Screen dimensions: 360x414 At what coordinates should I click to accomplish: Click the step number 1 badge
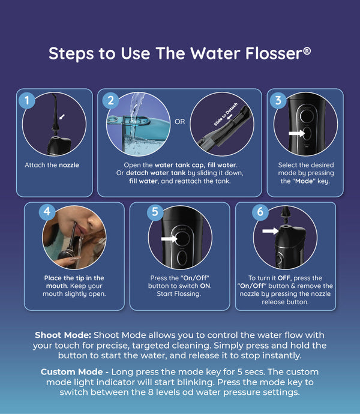tap(26, 100)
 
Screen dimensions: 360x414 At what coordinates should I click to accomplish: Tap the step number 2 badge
tap(110, 100)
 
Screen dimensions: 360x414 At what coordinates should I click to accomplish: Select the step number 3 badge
tap(278, 100)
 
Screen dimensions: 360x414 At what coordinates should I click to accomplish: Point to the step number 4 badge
tap(47, 211)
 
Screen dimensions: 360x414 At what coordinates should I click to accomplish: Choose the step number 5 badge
tap(155, 211)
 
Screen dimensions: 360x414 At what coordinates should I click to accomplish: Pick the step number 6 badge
tap(260, 211)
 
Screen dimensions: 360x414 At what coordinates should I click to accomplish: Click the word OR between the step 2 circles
tap(180, 122)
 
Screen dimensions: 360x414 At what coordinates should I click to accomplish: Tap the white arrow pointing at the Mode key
tap(296, 133)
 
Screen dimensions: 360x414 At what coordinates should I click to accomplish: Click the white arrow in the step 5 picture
tap(169, 239)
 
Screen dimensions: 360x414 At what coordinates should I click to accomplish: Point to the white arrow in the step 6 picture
tap(270, 231)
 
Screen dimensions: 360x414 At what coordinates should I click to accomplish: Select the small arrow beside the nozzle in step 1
tap(62, 117)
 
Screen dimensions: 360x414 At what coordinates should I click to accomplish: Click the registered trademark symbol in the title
tap(307, 50)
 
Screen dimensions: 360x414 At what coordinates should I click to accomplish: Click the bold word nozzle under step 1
tap(69, 165)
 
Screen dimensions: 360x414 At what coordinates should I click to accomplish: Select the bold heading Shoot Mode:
tap(63, 335)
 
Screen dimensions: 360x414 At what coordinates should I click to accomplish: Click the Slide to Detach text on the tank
tap(226, 114)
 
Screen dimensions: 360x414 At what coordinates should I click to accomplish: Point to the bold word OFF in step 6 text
tap(284, 278)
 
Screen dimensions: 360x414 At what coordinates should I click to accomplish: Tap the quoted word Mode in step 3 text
tap(304, 181)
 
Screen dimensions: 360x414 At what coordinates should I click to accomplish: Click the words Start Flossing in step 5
tap(179, 294)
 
